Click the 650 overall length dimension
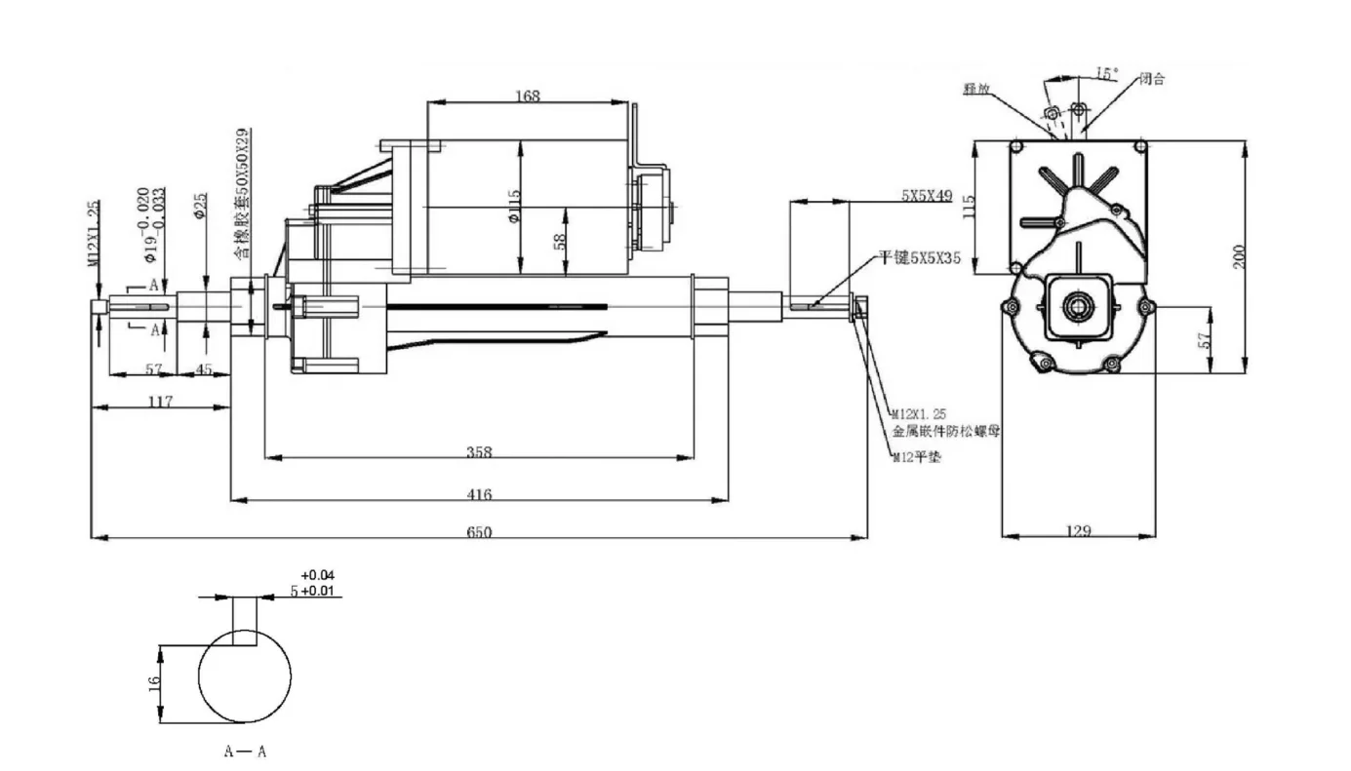[479, 531]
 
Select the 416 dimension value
[479, 494]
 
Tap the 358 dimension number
[479, 451]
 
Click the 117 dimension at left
[161, 401]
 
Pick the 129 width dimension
[1079, 531]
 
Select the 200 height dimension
[1239, 256]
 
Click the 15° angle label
[1106, 73]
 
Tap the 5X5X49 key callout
[927, 196]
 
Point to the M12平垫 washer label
[917, 457]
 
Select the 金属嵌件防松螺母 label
[945, 429]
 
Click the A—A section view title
[245, 752]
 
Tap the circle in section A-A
[245, 675]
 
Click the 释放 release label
[976, 89]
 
